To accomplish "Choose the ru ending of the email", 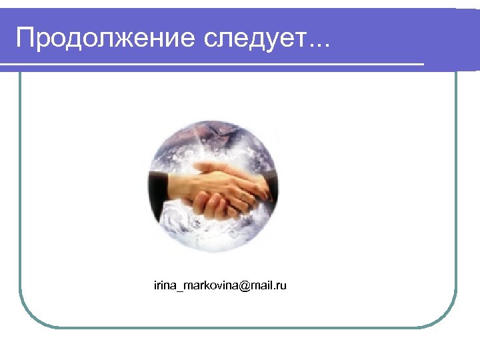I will tap(281, 286).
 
